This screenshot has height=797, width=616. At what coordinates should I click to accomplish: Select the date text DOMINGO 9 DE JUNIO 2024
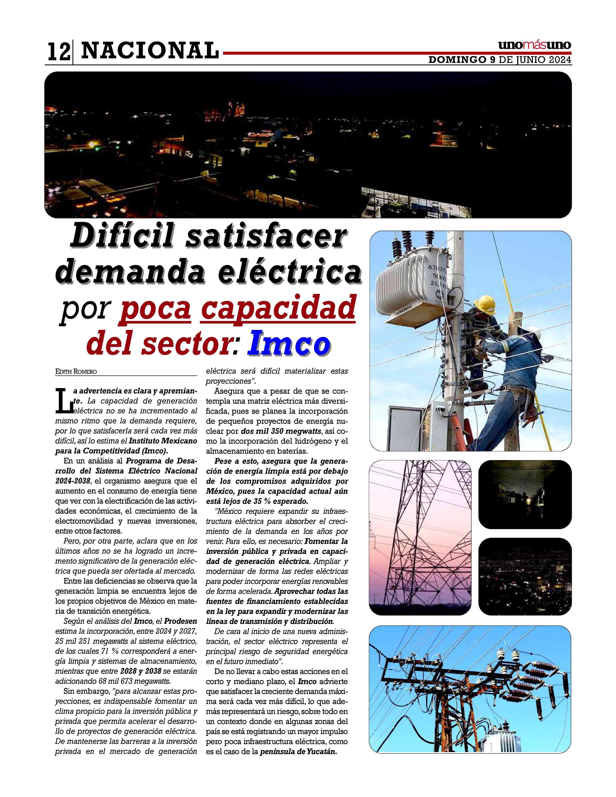pyautogui.click(x=500, y=60)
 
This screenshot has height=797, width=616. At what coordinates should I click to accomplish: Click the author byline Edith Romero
pyautogui.click(x=76, y=371)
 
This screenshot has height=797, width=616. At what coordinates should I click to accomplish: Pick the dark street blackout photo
pyautogui.click(x=524, y=494)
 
